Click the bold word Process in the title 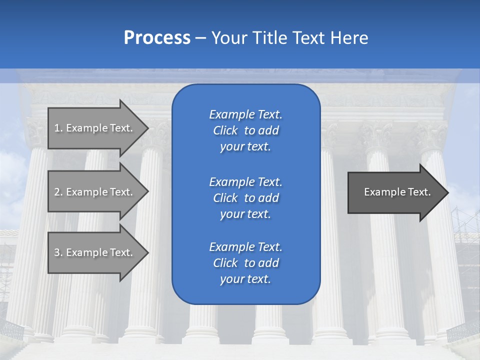click(x=157, y=38)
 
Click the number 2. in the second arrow click(x=58, y=192)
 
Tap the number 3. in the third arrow click(x=58, y=252)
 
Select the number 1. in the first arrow click(x=58, y=128)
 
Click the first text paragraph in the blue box click(x=245, y=130)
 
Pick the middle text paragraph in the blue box click(x=245, y=197)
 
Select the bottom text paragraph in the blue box click(x=245, y=263)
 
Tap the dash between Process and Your click(x=201, y=38)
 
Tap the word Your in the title click(x=228, y=38)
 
